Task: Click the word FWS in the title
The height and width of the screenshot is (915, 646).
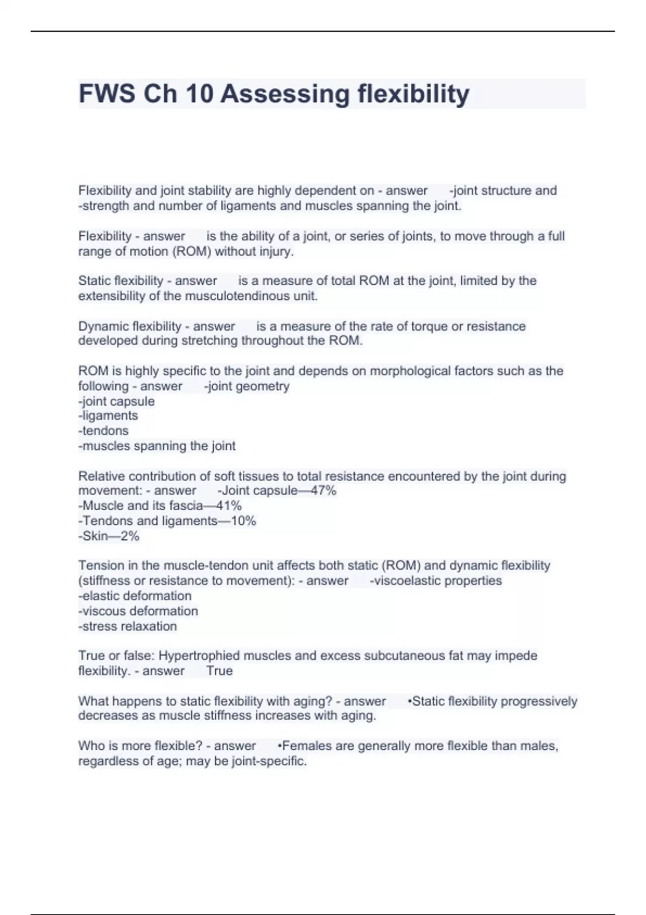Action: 106,94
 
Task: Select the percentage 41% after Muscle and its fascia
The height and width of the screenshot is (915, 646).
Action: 229,505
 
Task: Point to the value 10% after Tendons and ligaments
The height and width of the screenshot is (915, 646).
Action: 243,520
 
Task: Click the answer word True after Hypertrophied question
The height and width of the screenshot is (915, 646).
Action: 220,671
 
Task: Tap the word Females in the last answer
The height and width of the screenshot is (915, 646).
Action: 307,746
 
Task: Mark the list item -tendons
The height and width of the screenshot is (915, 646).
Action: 103,431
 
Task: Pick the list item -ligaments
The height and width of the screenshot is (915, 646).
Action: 108,416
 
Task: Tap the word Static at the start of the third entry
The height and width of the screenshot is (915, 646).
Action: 94,280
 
